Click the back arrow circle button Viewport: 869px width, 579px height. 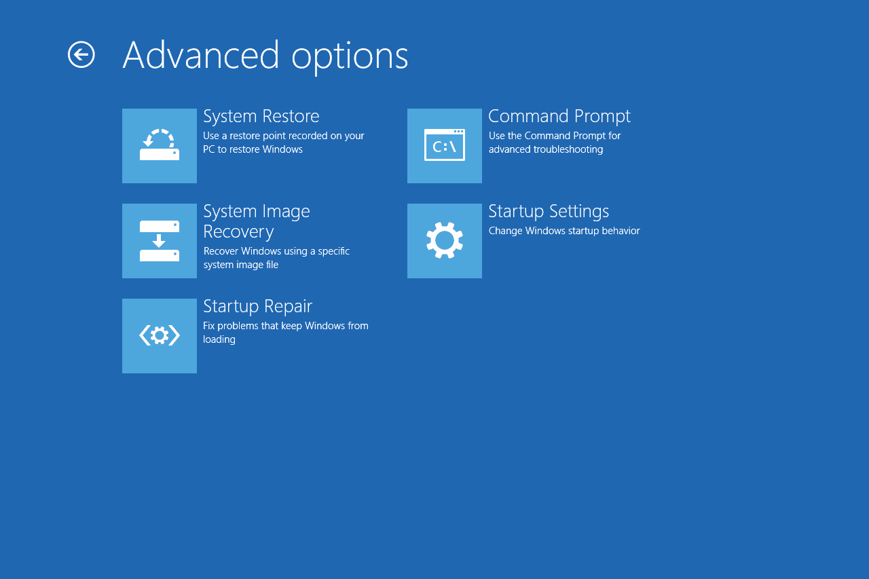click(x=81, y=55)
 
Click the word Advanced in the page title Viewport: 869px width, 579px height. click(x=200, y=56)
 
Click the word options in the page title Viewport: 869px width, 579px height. click(x=350, y=58)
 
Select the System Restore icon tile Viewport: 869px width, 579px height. click(x=160, y=146)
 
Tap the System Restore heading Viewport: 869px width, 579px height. click(x=261, y=116)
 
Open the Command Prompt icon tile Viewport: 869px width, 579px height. click(x=445, y=146)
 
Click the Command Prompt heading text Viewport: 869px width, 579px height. click(x=559, y=116)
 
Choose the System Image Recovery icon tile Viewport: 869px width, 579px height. click(x=160, y=241)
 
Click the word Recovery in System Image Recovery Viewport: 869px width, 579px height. click(x=238, y=231)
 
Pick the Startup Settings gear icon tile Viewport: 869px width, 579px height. click(x=445, y=241)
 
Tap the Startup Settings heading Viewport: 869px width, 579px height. click(x=549, y=211)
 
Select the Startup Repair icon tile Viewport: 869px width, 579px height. click(x=160, y=336)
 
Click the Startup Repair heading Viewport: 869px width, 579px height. click(x=257, y=306)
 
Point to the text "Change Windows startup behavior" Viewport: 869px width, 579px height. click(x=564, y=231)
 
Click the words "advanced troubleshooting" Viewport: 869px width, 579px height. click(x=546, y=149)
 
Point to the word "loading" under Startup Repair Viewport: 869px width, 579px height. click(x=219, y=339)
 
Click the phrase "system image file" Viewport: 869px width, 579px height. click(x=241, y=265)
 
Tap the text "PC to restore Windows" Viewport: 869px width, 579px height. click(x=253, y=149)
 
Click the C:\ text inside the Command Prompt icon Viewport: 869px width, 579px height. click(x=444, y=147)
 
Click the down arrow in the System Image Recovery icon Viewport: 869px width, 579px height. click(x=159, y=241)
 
